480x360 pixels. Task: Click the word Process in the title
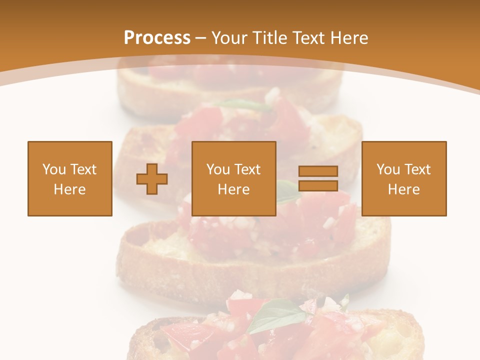click(x=157, y=38)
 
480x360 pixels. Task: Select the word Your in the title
click(x=227, y=38)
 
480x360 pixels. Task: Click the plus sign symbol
click(x=152, y=179)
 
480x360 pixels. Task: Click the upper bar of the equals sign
click(x=318, y=171)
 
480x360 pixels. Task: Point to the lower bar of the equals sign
click(x=318, y=185)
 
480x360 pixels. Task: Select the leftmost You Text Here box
click(x=69, y=178)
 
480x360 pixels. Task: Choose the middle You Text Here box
click(x=233, y=178)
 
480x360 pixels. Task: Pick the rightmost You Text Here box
click(x=404, y=178)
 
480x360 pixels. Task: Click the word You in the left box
click(x=54, y=169)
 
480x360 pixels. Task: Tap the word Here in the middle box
click(x=233, y=189)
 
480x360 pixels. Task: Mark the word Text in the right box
click(x=417, y=169)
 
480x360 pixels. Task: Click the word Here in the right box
click(x=404, y=189)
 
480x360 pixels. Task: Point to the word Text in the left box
click(x=83, y=169)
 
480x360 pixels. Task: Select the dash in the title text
click(x=201, y=38)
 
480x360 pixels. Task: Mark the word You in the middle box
click(x=218, y=169)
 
